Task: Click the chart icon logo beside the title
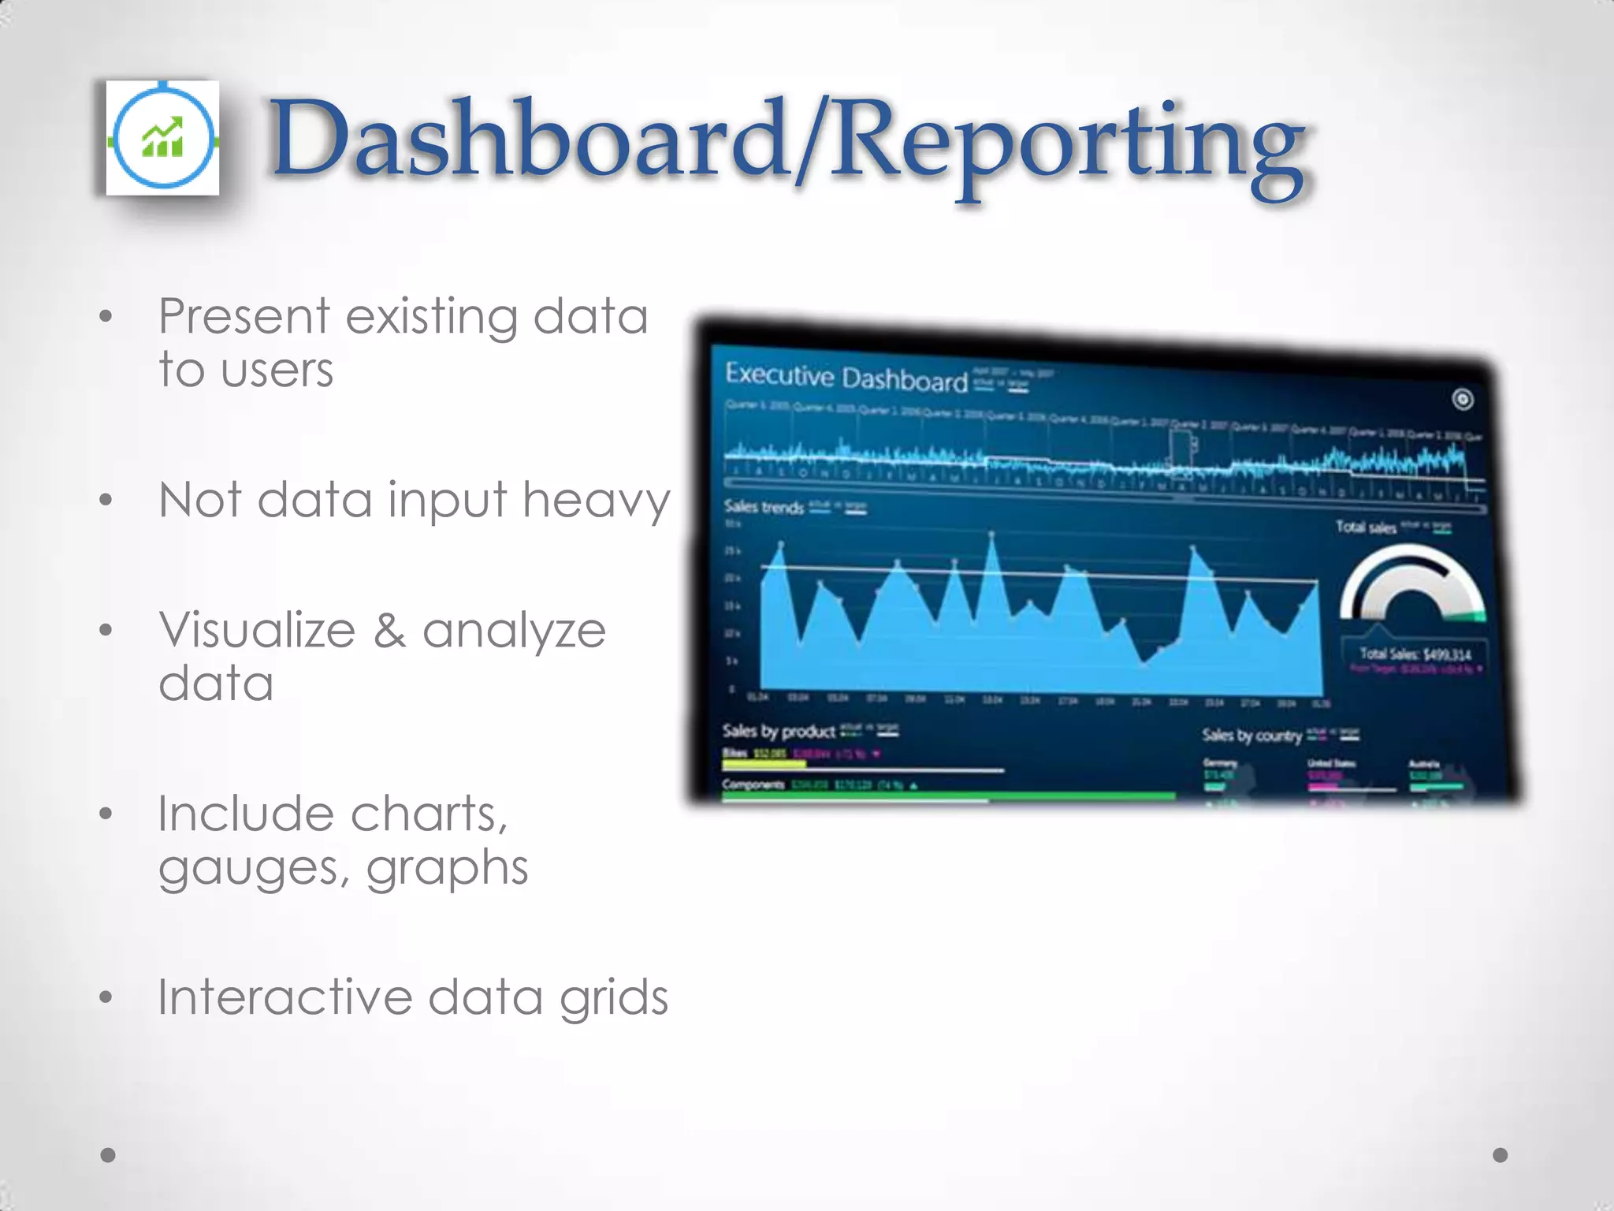163,138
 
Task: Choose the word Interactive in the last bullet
284,997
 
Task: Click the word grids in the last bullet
614,999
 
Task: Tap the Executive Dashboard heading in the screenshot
846,377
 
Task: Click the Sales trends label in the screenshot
764,506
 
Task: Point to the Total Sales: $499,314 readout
1415,654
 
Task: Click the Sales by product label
779,731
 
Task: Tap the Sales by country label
1251,736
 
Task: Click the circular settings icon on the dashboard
1463,400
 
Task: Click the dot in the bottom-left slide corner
109,1155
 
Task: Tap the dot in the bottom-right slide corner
1501,1155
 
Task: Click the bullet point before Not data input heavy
106,501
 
